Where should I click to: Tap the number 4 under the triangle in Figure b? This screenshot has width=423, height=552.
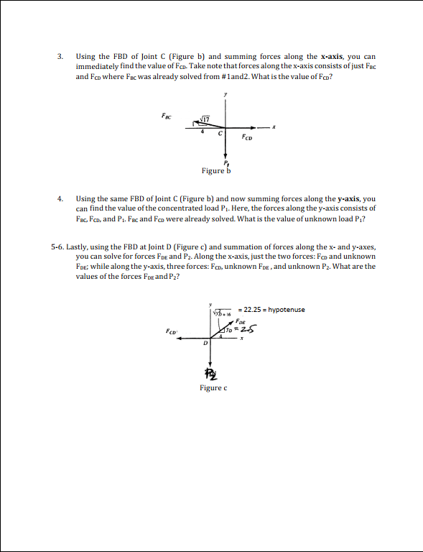[x=203, y=132]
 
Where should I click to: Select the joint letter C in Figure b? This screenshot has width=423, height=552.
[x=220, y=134]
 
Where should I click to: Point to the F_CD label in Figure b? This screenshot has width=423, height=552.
[x=247, y=137]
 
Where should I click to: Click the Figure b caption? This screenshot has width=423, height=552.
[x=216, y=171]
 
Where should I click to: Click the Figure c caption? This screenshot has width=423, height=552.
[x=213, y=388]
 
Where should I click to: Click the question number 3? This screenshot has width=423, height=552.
[x=60, y=56]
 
